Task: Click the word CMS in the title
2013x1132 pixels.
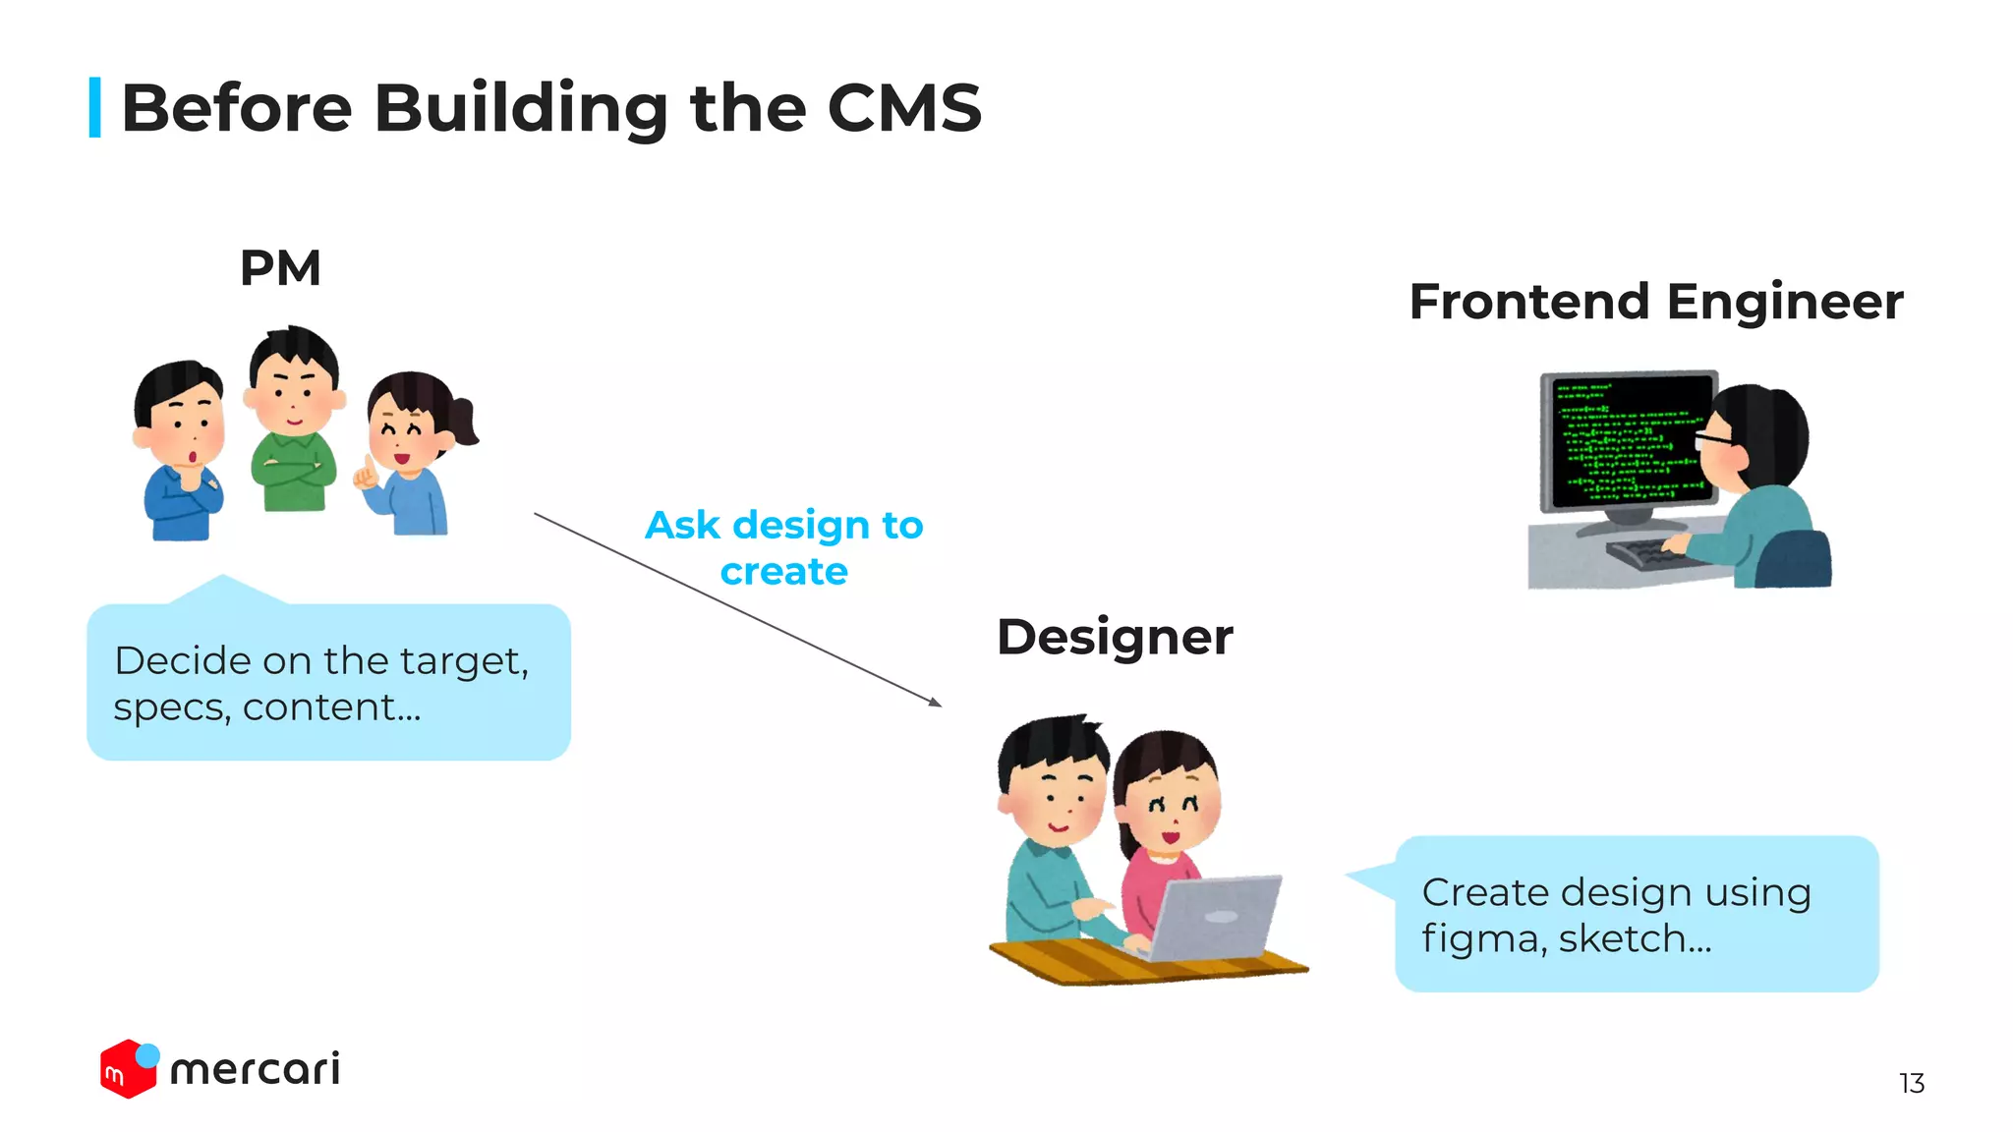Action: (x=903, y=107)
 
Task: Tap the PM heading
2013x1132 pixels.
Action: (x=280, y=268)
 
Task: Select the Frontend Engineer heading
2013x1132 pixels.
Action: (x=1655, y=302)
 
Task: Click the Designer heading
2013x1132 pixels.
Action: (x=1114, y=637)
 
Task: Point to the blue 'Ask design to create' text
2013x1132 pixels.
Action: (x=783, y=547)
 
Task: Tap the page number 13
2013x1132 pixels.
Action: (x=1911, y=1083)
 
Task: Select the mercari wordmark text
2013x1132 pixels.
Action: (x=256, y=1069)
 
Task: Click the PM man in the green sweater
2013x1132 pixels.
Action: (x=293, y=423)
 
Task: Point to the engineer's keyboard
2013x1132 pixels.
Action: (x=1651, y=555)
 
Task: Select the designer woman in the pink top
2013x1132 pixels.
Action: (x=1165, y=825)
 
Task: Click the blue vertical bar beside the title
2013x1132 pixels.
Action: (x=95, y=107)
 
